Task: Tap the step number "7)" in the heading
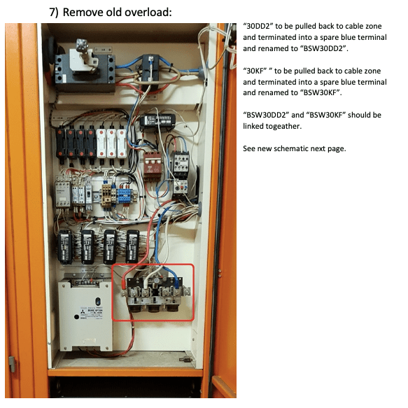pyautogui.click(x=54, y=13)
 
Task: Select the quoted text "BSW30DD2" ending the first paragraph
pyautogui.click(x=323, y=49)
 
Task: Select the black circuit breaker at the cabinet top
pyautogui.click(x=85, y=70)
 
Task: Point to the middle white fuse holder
pyautogui.click(x=111, y=143)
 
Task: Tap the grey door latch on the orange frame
pyautogui.click(x=12, y=364)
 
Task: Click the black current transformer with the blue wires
pyautogui.click(x=150, y=69)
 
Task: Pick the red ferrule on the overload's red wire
pyautogui.click(x=124, y=285)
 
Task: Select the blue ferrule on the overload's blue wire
pyautogui.click(x=178, y=283)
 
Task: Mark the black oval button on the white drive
pyautogui.click(x=98, y=302)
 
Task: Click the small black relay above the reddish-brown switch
pyautogui.click(x=157, y=122)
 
